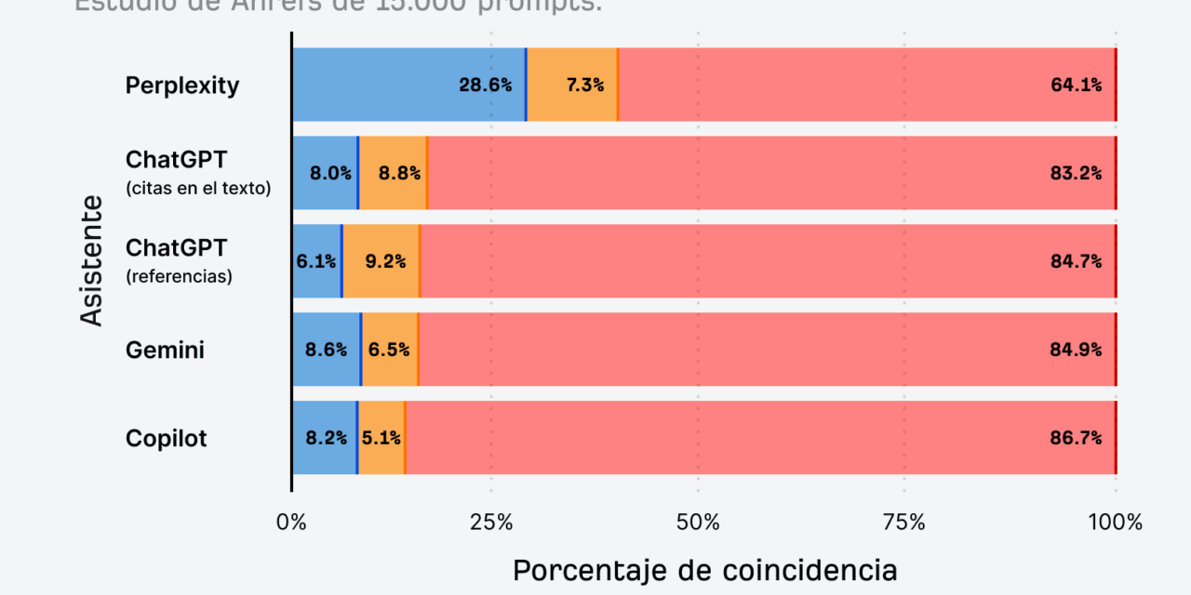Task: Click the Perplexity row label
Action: point(182,86)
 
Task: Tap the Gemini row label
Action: point(165,350)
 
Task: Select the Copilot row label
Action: point(167,438)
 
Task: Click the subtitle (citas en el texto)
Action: point(198,189)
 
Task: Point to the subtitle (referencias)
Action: point(179,277)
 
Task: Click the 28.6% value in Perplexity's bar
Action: point(485,86)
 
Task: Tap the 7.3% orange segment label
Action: point(585,86)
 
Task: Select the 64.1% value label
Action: point(1076,86)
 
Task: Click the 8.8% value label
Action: point(399,173)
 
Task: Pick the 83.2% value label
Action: point(1076,173)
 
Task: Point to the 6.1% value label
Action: point(316,261)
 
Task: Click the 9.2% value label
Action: point(385,261)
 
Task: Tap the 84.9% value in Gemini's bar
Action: point(1076,350)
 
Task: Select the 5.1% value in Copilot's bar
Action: point(381,438)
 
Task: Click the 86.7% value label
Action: point(1076,438)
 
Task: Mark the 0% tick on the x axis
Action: point(291,522)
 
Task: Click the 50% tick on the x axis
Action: point(699,522)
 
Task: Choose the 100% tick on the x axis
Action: point(1115,522)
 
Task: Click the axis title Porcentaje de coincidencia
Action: point(704,570)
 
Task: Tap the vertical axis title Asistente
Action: point(90,260)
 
